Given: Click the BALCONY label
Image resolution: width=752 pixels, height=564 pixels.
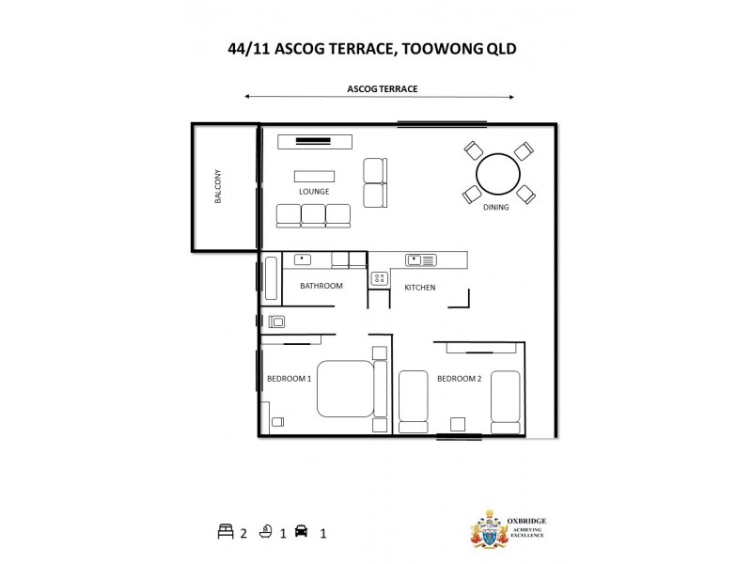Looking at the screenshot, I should pos(218,188).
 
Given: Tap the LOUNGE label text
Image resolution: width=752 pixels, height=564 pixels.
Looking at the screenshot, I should pos(314,192).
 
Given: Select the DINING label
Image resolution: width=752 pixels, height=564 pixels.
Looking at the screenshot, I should pos(495,208).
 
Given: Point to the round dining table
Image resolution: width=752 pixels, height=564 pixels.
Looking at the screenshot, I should pos(497,174).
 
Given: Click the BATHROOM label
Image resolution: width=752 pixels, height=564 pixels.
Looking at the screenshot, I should pos(321,286).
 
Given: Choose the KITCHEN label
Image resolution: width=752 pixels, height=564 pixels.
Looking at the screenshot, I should pos(419,288).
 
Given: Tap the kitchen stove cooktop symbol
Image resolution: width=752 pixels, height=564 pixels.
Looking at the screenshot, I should pos(380,278).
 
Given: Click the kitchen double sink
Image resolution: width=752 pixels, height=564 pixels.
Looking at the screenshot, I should pos(420,259).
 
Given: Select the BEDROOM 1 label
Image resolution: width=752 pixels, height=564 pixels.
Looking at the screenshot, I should pos(289,379).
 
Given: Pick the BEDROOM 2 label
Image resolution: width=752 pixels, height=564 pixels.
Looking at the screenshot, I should pos(459,379).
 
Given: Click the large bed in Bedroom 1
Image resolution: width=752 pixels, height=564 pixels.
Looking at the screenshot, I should pos(345,388).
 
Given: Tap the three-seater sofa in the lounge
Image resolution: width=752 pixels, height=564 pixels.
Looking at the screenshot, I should pos(314,215).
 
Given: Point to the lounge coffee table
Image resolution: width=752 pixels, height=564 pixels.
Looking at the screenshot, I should pos(314,176).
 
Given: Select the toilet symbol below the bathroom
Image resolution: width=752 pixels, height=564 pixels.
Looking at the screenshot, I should pos(277,321).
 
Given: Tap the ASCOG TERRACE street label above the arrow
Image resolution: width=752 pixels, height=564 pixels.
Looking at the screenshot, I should pos(382,89).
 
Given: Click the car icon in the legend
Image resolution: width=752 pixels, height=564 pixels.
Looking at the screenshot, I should pos(302,532).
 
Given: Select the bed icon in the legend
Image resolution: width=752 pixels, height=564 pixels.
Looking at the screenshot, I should pos(225,532).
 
